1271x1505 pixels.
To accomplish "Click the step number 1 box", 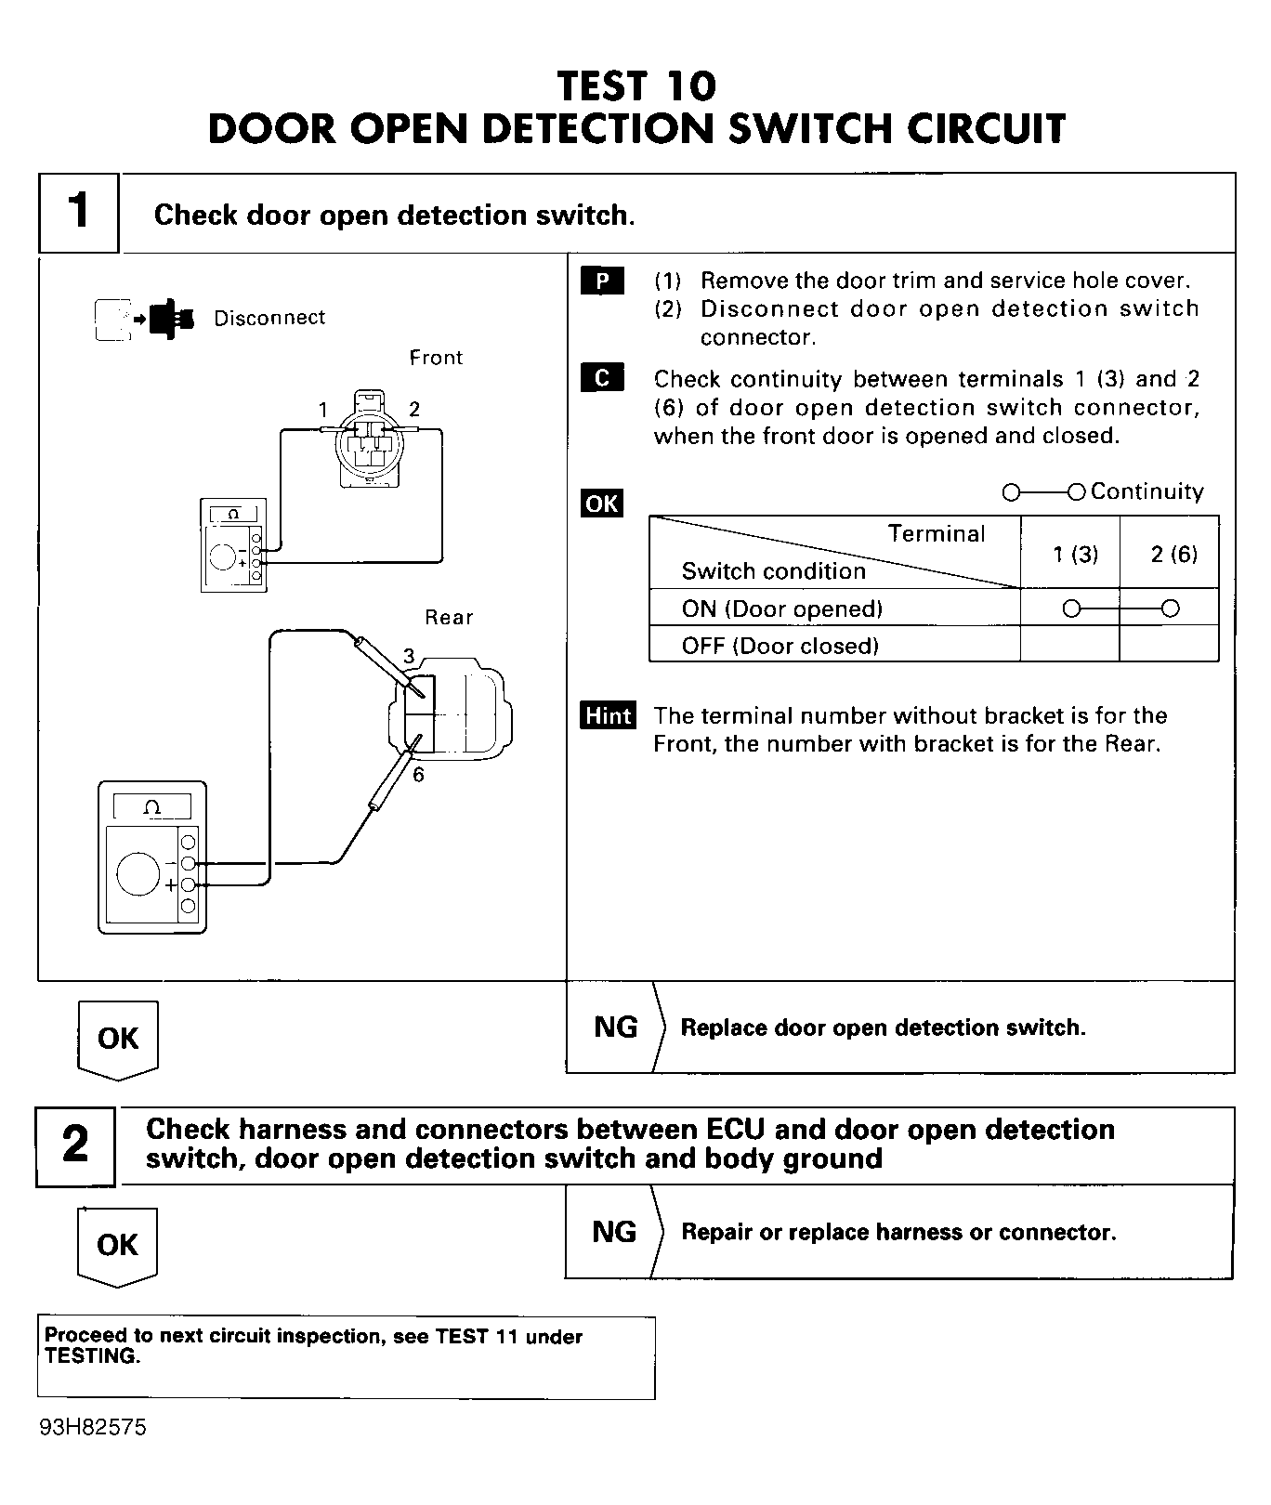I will [79, 212].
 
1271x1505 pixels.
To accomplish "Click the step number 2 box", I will [75, 1145].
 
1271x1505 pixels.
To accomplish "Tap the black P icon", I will [602, 281].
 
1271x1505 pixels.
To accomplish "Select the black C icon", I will [602, 378].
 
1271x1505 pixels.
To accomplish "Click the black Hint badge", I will [609, 715].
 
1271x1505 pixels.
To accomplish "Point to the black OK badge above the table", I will [602, 504].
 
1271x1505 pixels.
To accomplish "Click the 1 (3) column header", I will [1075, 555].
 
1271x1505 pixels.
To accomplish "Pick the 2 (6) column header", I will [1173, 555].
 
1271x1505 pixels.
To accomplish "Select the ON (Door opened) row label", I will [781, 609].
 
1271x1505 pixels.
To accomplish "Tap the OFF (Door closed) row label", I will [780, 646].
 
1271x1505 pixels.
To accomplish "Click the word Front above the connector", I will [436, 358].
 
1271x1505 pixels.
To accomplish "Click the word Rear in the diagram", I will [449, 618].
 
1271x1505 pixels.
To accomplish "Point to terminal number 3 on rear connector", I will [409, 657].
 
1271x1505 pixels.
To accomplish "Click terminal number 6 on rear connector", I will [418, 775].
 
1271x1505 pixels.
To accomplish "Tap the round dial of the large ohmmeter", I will [138, 874].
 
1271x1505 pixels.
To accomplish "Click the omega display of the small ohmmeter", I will [233, 514].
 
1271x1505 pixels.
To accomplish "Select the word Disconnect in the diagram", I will [269, 318].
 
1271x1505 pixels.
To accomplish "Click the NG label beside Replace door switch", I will [615, 1027].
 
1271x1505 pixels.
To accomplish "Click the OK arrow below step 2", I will [117, 1247].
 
